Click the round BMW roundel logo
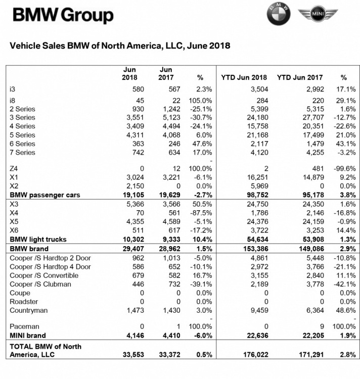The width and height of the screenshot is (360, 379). pyautogui.click(x=279, y=16)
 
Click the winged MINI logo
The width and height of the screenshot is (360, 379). pyautogui.click(x=318, y=16)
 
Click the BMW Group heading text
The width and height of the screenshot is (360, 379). pyautogui.click(x=63, y=16)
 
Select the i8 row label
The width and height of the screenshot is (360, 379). pyautogui.click(x=13, y=101)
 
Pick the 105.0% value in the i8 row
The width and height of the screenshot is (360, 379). pyautogui.click(x=200, y=101)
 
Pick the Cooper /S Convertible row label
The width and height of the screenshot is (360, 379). pyautogui.click(x=44, y=275)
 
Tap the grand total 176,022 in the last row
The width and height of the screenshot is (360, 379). pyautogui.click(x=254, y=354)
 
